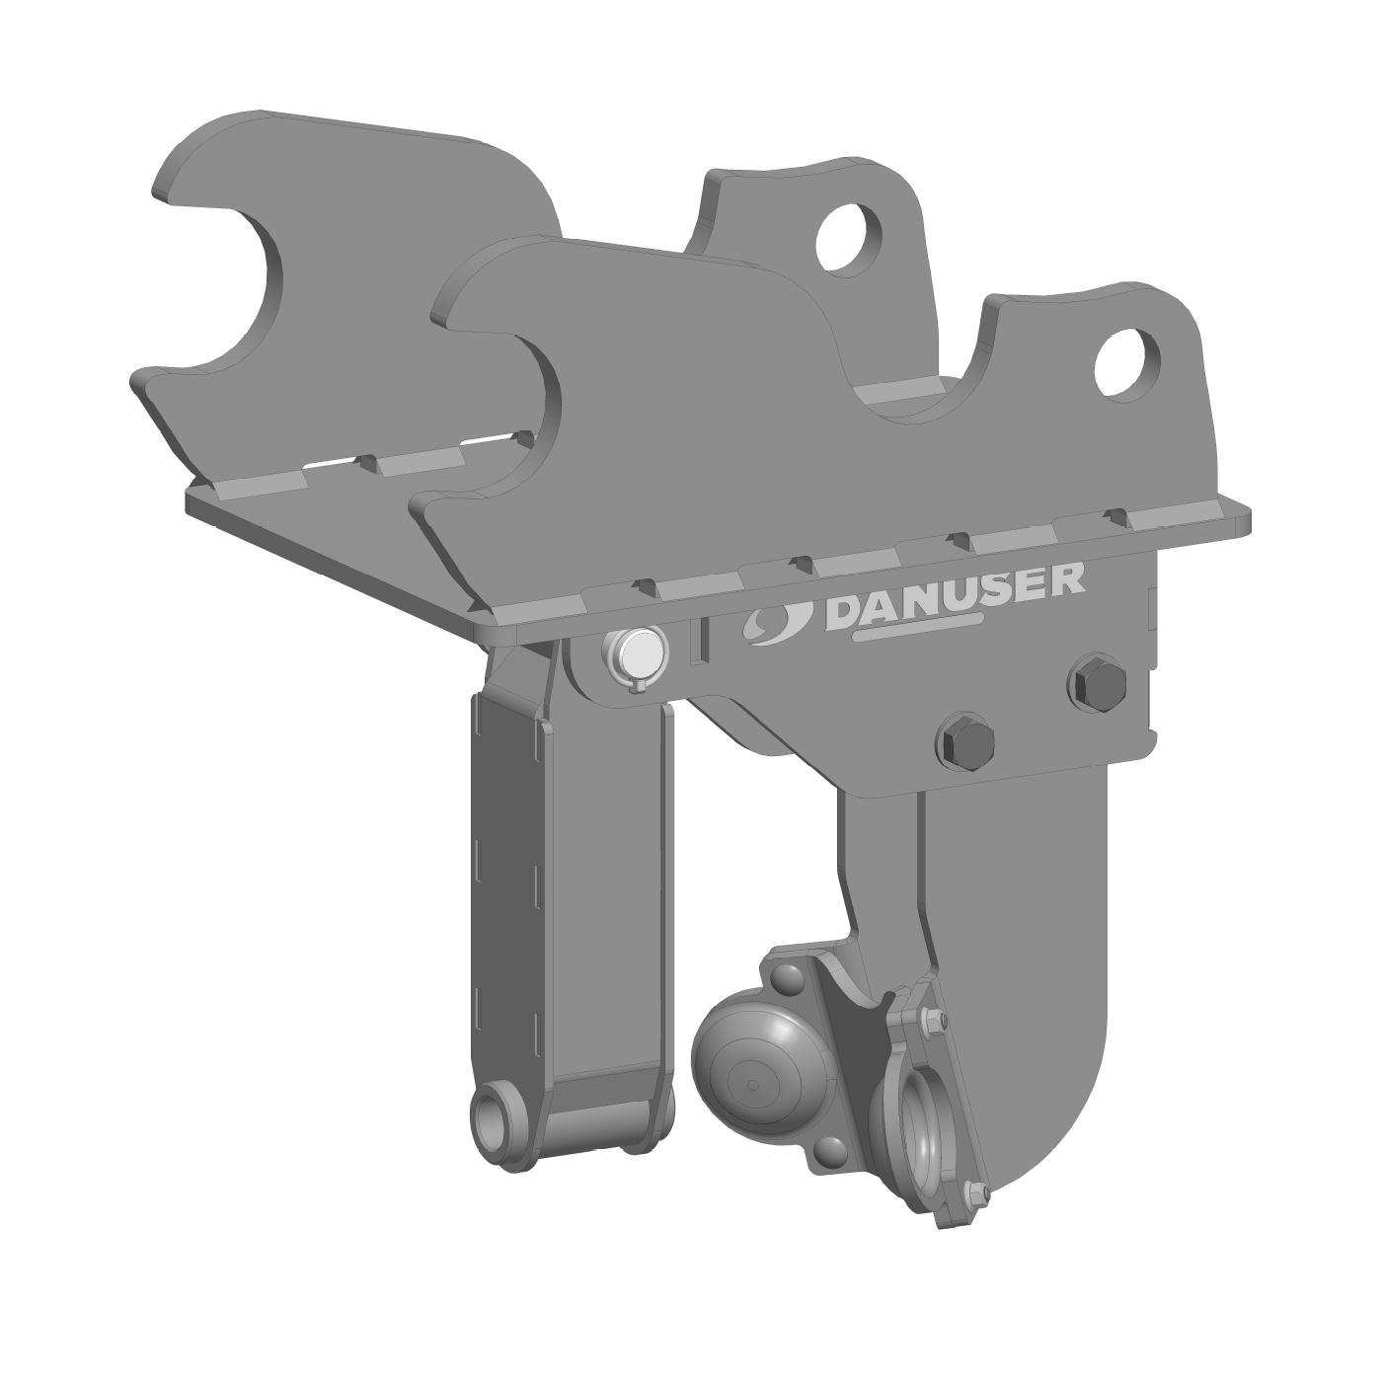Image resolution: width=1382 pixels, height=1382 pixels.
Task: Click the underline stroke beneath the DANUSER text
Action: tap(917, 629)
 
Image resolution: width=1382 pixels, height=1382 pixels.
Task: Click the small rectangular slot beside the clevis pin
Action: tap(700, 640)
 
